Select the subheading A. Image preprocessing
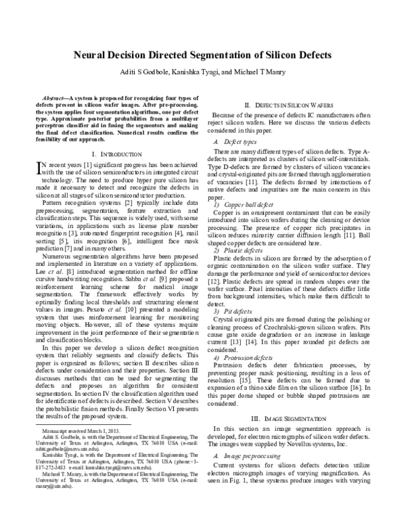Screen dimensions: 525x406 point(247,456)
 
